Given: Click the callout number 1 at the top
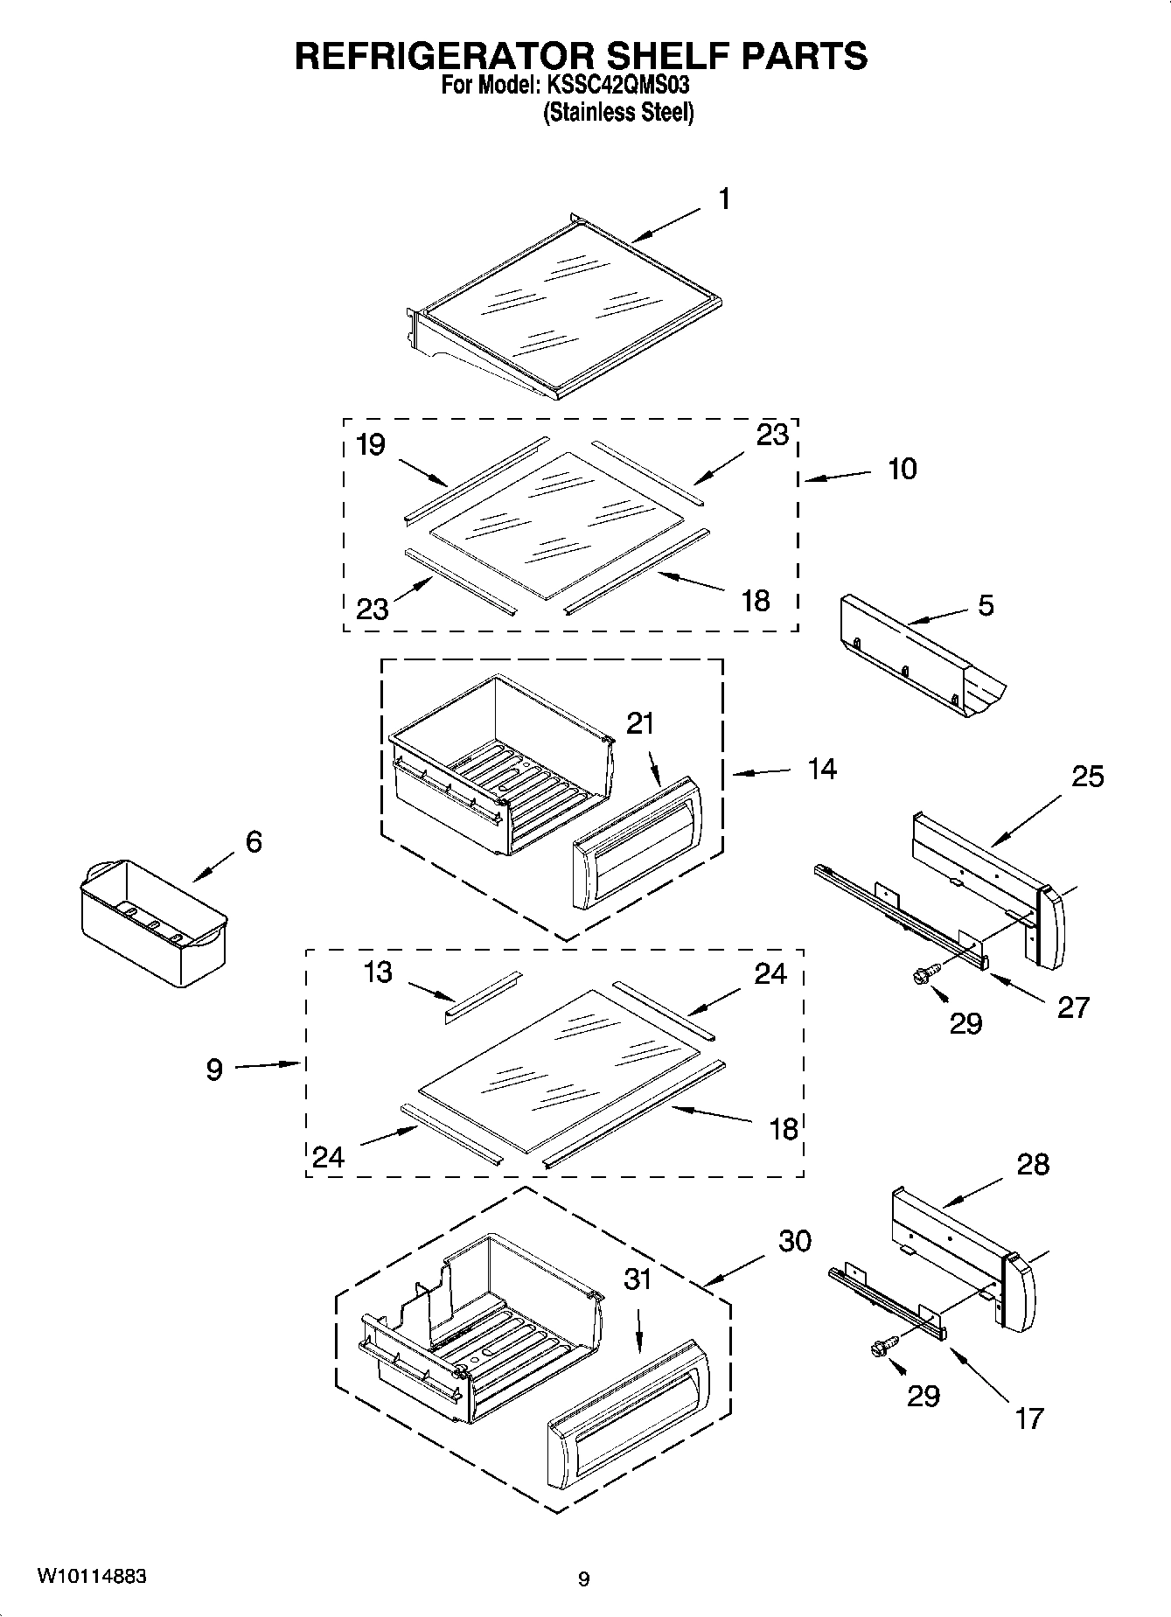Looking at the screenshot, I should coord(724,199).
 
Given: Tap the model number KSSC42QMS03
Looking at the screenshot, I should coord(624,87).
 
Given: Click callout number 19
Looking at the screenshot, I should coord(371,445).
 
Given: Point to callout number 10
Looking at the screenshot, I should coord(902,469).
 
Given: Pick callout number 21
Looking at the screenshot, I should coord(640,724).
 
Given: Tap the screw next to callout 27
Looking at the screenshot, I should coord(925,973).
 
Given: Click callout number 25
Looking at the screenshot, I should coord(1087,776).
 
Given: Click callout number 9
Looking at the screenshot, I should coord(214,1069).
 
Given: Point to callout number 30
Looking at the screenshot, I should coord(794,1240).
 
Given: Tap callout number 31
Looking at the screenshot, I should coord(638,1279).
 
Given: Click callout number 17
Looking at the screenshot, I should coord(1029,1418).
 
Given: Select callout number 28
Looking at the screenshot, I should coord(1033,1164).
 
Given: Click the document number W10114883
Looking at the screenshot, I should coord(91,1577).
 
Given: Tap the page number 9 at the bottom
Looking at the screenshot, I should coord(583,1579).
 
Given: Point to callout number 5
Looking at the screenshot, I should coord(986,605).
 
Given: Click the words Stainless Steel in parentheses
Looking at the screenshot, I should coord(618,112).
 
